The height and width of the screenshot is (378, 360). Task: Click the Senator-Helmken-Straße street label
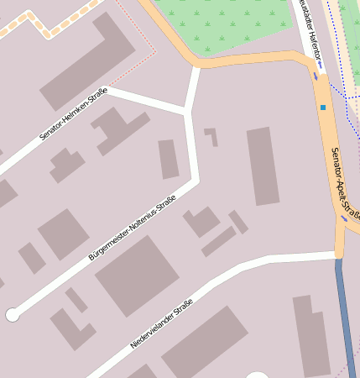(73, 113)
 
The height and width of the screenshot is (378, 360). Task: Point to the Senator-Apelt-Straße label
(345, 184)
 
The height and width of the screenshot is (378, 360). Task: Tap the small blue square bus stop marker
(322, 107)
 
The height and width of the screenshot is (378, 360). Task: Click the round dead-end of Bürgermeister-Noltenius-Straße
(13, 315)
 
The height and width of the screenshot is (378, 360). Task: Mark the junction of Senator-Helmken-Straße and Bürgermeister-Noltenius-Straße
(185, 111)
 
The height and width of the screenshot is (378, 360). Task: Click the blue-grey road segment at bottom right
(344, 319)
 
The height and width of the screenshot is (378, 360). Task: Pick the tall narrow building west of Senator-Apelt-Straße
(263, 166)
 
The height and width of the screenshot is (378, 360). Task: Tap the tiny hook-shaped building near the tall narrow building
(211, 135)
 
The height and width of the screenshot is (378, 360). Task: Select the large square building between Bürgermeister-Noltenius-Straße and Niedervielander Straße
(137, 275)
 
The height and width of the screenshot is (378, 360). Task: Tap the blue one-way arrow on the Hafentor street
(316, 76)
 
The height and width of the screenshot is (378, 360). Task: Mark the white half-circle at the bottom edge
(258, 374)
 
